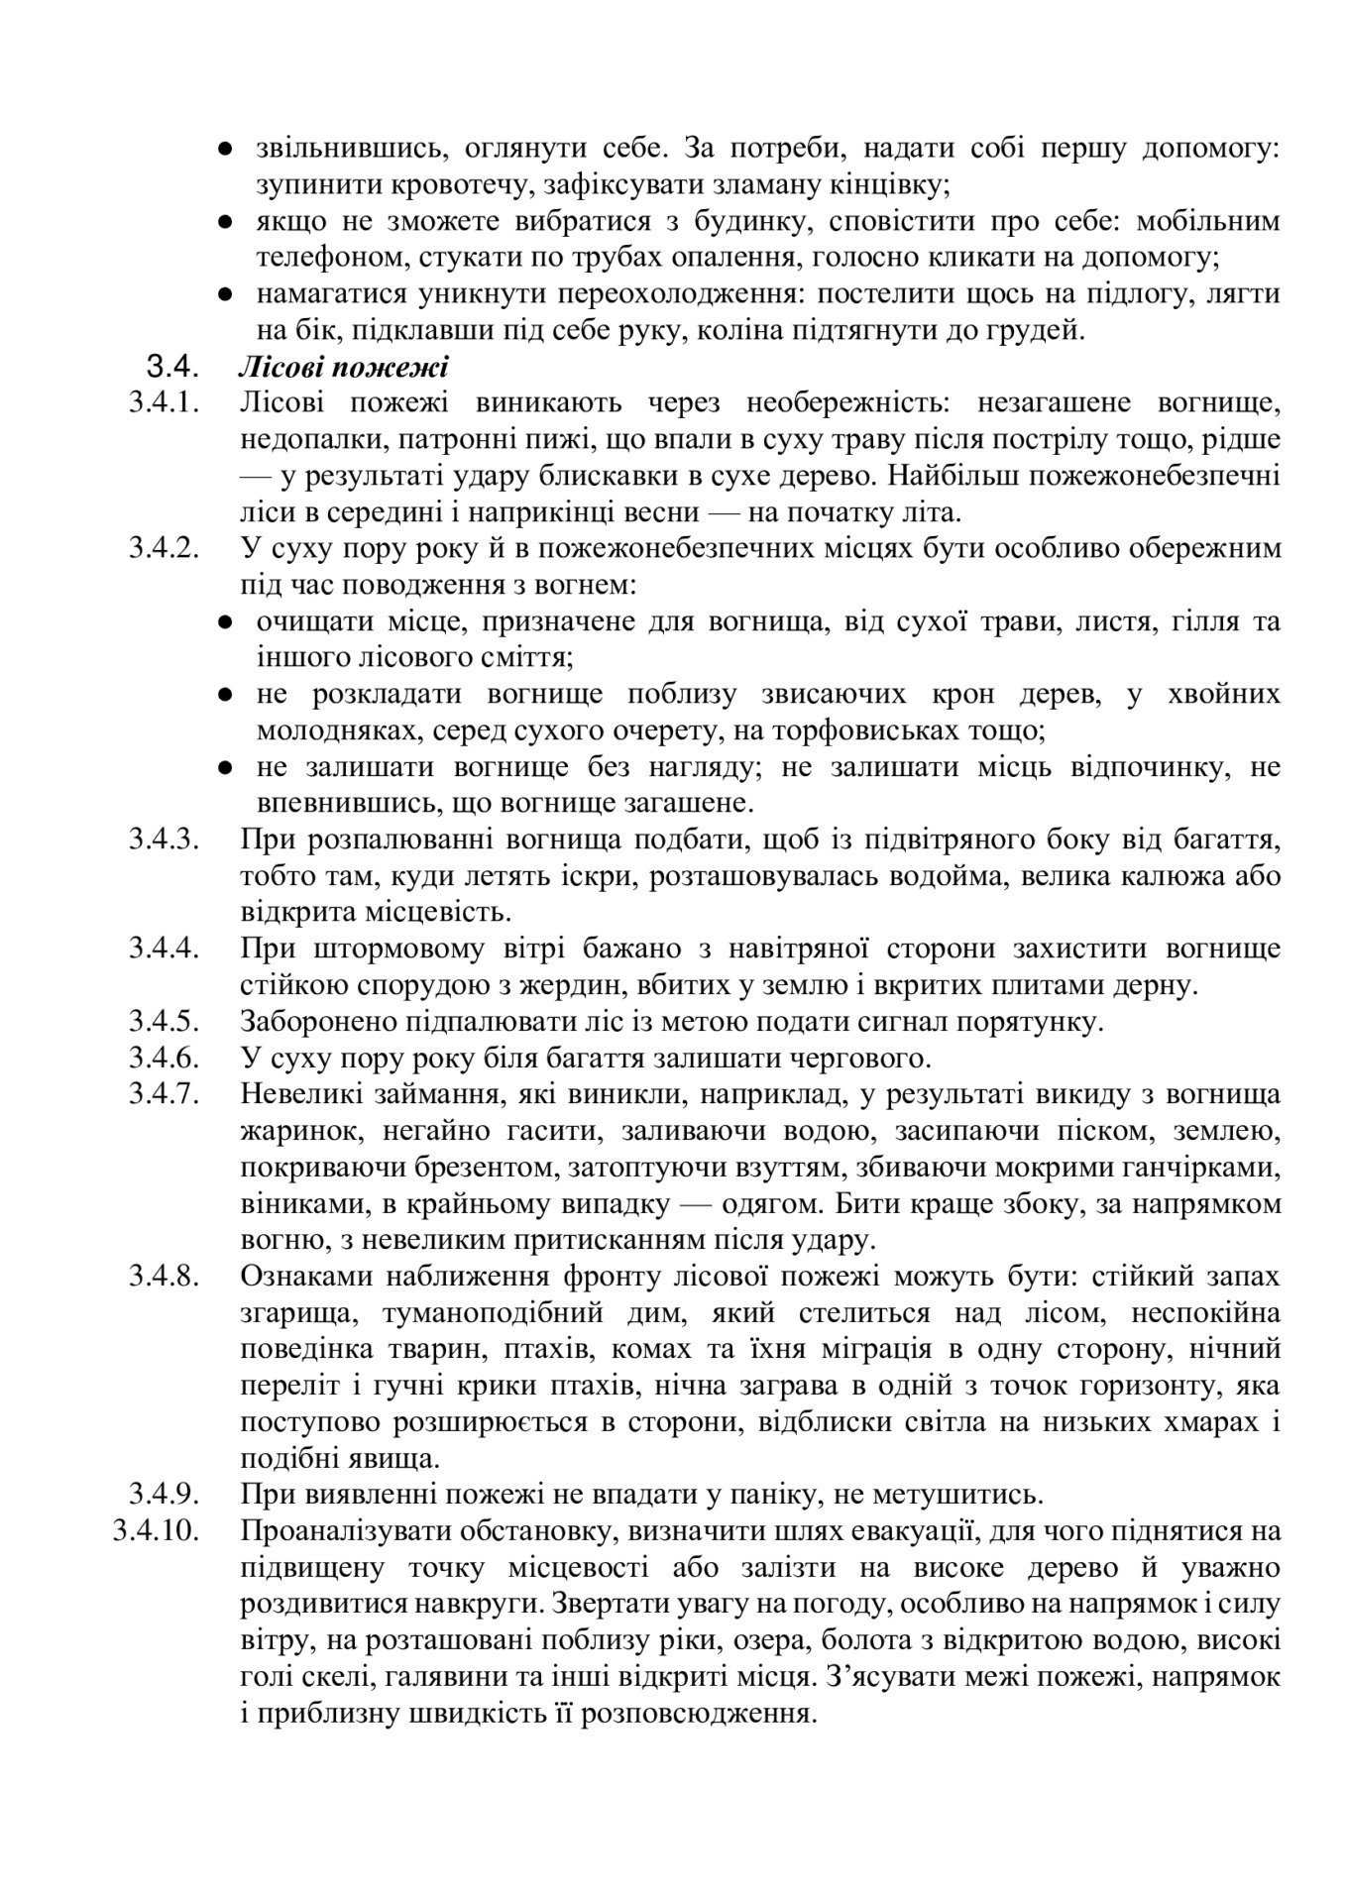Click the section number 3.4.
pyautogui.click(x=173, y=369)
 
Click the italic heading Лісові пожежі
pyautogui.click(x=343, y=369)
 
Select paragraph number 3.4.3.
pyautogui.click(x=164, y=841)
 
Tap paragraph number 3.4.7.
pyautogui.click(x=164, y=1095)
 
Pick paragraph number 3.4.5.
pyautogui.click(x=164, y=1022)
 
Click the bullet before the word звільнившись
pyautogui.click(x=225, y=150)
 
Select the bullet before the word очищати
pyautogui.click(x=225, y=622)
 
